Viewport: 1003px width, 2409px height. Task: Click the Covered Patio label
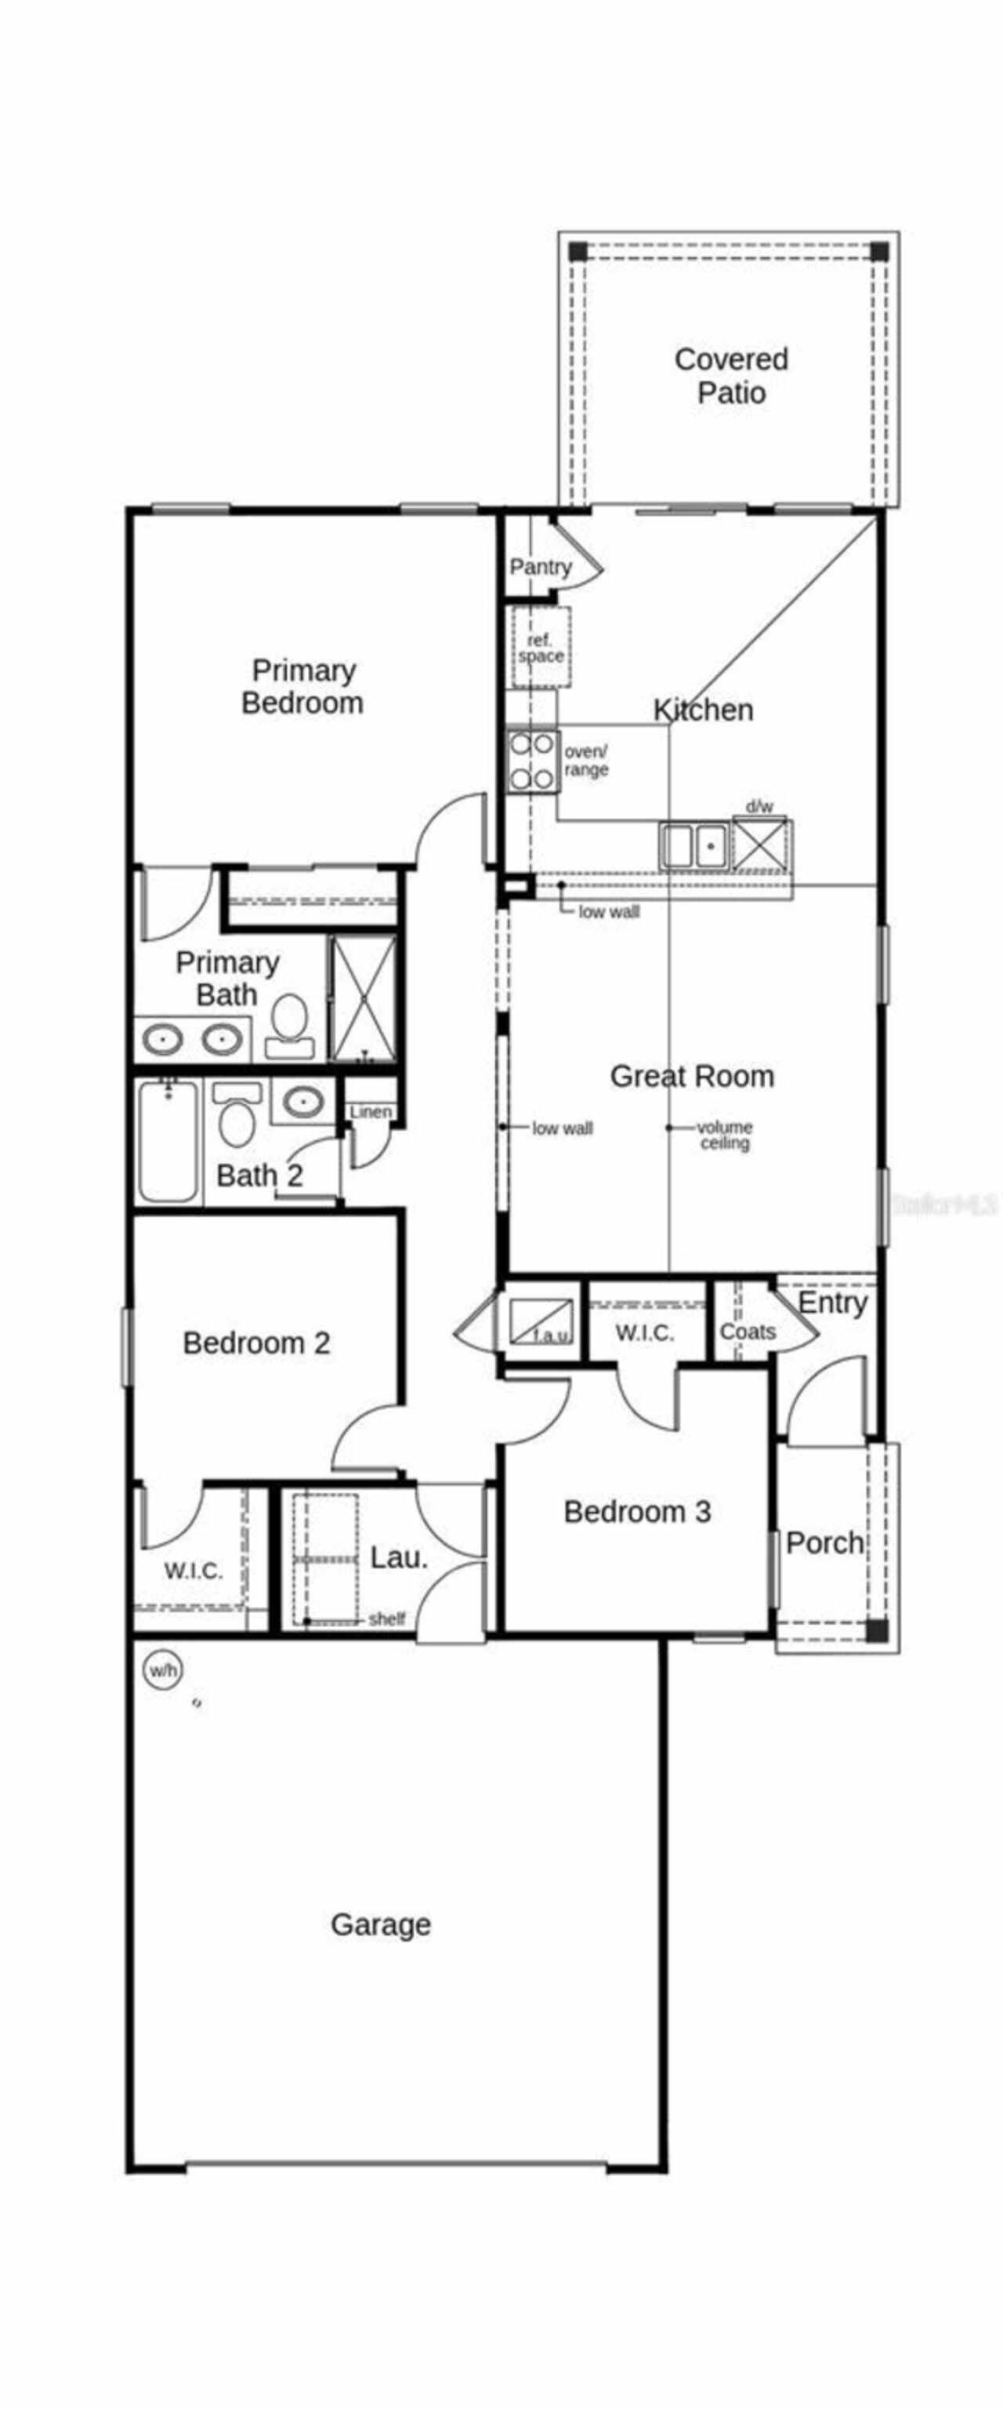[x=731, y=376]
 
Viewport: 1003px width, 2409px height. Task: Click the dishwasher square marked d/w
[x=760, y=845]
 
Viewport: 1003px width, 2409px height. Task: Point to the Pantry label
[x=541, y=567]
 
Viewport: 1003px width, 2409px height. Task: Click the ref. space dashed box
[x=541, y=647]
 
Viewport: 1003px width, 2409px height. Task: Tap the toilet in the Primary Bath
[x=290, y=1024]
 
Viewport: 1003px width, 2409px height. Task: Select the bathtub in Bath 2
[x=168, y=1140]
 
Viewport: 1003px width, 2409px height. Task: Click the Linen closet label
[x=370, y=1112]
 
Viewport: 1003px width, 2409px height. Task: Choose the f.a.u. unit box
[x=541, y=1321]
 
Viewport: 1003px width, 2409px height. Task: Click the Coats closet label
[x=747, y=1331]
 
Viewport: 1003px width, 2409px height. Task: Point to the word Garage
[x=381, y=1924]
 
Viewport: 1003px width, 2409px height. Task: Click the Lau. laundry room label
[x=399, y=1557]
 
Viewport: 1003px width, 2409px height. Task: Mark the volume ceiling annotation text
[x=725, y=1135]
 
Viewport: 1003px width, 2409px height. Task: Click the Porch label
[x=824, y=1542]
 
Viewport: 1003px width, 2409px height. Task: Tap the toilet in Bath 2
[x=237, y=1117]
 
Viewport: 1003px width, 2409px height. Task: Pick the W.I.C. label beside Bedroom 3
[x=645, y=1332]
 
